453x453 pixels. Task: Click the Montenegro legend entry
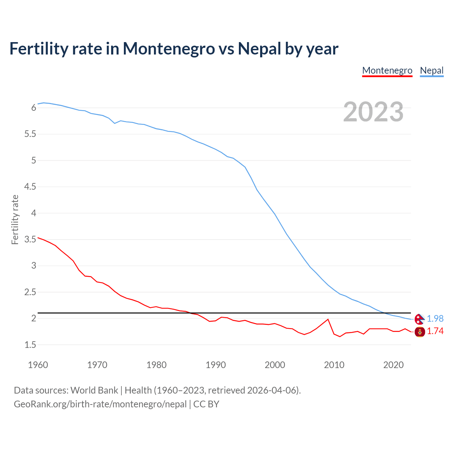(387, 70)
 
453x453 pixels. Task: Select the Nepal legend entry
(431, 70)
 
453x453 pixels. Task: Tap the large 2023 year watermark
(373, 112)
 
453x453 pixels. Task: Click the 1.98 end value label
(435, 319)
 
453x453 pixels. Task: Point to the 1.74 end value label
(435, 331)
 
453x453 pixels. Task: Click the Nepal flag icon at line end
(419, 319)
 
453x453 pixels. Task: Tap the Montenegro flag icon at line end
(419, 332)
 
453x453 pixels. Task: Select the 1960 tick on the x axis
(38, 365)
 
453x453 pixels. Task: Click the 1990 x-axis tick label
(216, 365)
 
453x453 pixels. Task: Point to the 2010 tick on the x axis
(334, 365)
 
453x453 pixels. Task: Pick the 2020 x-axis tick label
(393, 365)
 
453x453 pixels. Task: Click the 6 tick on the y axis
(34, 108)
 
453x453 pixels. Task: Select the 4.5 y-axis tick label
(30, 187)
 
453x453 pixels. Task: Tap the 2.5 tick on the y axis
(30, 292)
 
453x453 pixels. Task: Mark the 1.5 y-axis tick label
(30, 345)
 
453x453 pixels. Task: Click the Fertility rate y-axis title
(15, 219)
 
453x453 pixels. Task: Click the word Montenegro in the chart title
(169, 48)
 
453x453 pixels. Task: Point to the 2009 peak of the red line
(328, 319)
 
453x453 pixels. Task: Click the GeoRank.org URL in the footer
(100, 404)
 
